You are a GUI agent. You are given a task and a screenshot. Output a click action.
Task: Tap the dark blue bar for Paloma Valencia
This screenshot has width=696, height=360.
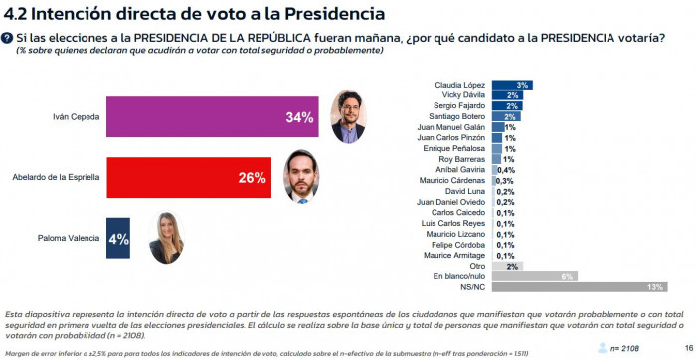click(x=117, y=239)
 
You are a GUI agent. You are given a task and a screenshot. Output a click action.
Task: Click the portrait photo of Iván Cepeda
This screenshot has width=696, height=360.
click(x=345, y=116)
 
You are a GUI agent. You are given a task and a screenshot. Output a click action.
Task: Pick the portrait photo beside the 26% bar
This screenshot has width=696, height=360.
click(x=305, y=176)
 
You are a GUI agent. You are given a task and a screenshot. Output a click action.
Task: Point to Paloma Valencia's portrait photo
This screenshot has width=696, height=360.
click(x=168, y=239)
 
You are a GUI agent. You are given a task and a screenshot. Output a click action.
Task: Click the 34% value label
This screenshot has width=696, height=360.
click(x=299, y=117)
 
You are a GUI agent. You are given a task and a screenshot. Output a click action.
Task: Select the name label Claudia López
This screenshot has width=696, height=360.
click(x=462, y=85)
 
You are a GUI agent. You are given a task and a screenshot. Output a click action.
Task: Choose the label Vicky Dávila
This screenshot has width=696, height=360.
click(x=465, y=94)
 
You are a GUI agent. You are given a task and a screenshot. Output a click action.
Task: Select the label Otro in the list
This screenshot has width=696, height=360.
click(x=479, y=266)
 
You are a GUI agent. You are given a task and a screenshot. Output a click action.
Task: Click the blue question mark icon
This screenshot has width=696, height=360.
click(x=9, y=38)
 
